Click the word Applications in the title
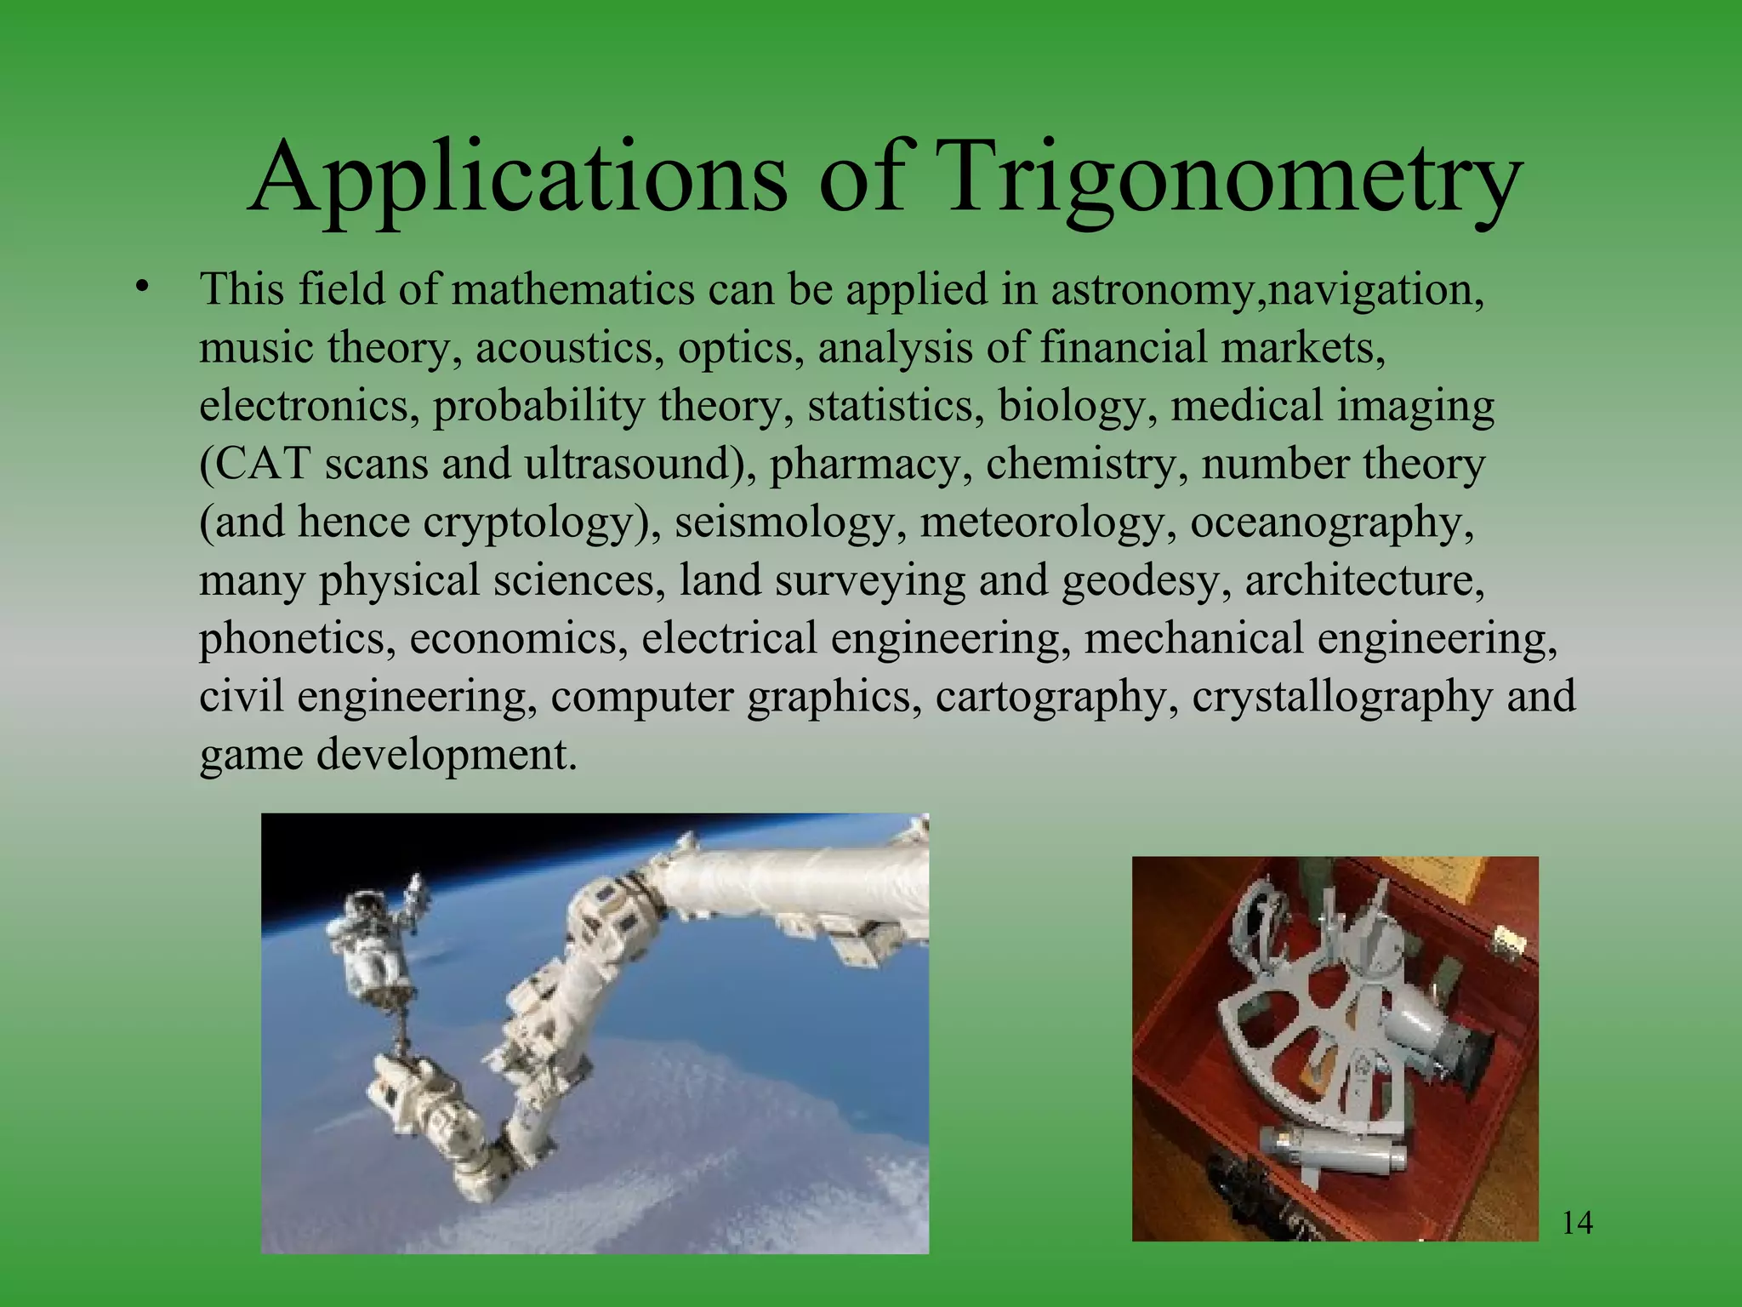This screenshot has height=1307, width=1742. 519,179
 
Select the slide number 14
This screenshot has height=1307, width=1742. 1578,1223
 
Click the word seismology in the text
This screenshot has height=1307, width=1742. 790,522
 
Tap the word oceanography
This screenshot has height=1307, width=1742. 1331,522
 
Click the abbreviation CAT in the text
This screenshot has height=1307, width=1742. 253,464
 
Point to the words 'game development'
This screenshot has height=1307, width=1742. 388,754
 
